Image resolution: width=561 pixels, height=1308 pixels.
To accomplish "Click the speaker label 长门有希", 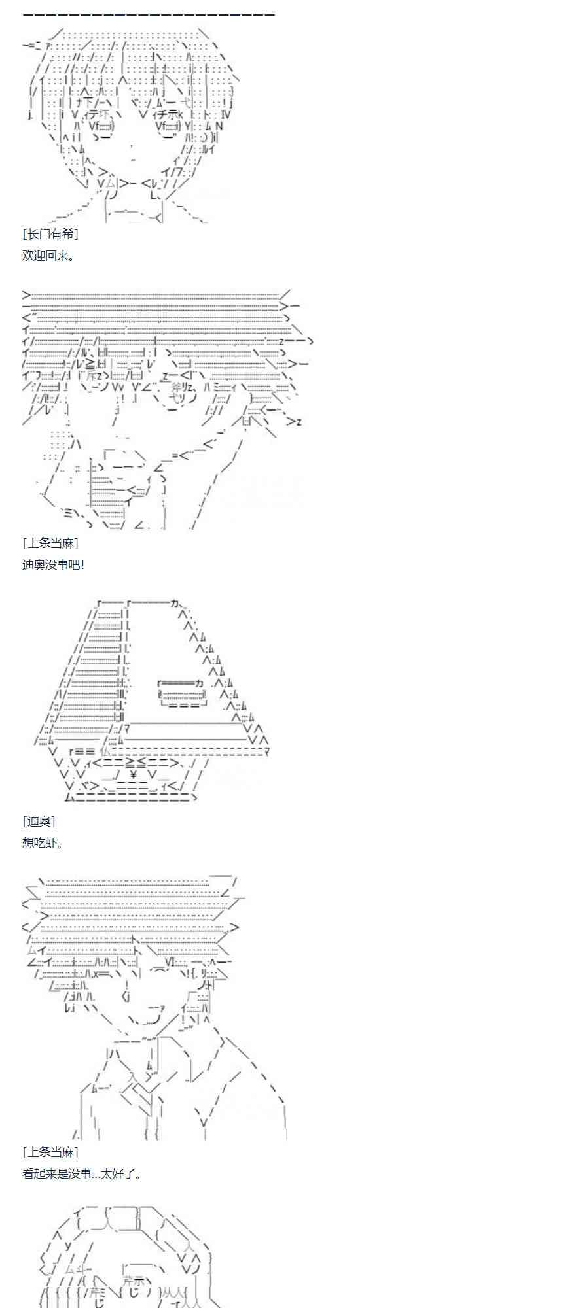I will [50, 233].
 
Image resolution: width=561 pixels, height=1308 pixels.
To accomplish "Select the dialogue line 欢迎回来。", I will [48, 256].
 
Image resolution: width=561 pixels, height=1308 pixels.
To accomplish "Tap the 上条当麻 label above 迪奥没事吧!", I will [50, 543].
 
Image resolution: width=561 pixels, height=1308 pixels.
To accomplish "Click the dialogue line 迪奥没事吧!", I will [53, 564].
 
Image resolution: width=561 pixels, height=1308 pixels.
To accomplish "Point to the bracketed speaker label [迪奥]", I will [39, 820].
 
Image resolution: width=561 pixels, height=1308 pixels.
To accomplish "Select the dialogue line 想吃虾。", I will [42, 842].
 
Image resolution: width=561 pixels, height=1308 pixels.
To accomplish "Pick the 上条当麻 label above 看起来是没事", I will [50, 1152].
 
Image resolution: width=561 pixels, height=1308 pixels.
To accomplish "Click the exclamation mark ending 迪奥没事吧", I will [82, 564].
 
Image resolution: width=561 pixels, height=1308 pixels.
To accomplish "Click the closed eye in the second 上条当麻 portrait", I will [159, 971].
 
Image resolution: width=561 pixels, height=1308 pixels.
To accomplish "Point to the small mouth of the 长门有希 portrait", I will [134, 159].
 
